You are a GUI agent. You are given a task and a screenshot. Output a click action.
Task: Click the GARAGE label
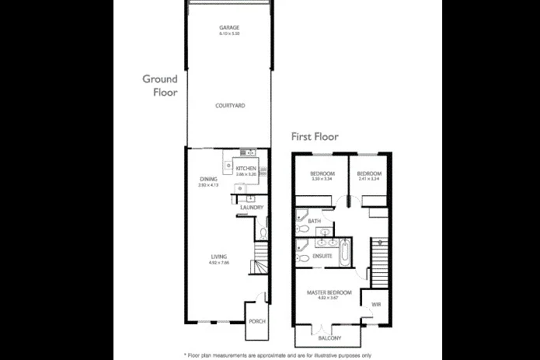[229, 28]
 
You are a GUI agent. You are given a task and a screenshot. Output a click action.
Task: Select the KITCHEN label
[246, 168]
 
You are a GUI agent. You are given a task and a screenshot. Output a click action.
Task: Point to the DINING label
[208, 179]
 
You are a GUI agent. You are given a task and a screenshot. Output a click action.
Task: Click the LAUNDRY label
[252, 208]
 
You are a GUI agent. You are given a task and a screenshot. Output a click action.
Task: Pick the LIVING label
[218, 257]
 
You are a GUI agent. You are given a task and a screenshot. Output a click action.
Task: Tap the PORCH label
[256, 322]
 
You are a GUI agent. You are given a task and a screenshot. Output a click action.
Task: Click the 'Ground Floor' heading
[160, 85]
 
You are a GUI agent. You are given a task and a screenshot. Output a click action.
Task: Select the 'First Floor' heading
[315, 136]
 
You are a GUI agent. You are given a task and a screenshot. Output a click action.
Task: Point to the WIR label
[376, 304]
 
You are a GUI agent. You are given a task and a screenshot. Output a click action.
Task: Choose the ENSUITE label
[322, 255]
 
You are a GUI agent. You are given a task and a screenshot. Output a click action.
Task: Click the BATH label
[314, 222]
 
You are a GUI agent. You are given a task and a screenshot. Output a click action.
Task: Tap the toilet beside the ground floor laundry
[264, 231]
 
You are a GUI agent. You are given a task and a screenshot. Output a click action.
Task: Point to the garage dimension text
[229, 34]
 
